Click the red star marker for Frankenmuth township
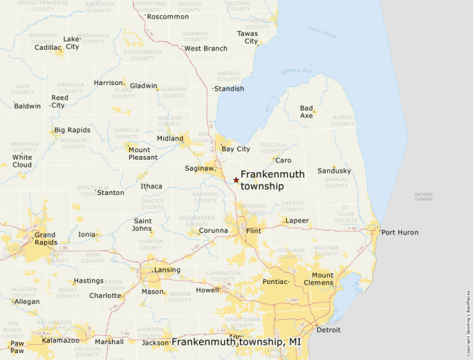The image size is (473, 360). pos(236,180)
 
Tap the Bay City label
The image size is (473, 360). pos(235,149)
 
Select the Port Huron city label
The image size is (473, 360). pos(400,233)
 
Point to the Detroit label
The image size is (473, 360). pos(328,330)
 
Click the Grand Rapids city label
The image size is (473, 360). pos(46,239)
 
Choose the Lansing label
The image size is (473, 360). pos(167,270)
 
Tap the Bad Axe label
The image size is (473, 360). pos(306,112)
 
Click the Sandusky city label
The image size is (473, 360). pos(334,171)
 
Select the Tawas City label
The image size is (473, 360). pos(248,37)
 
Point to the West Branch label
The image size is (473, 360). pos(206,49)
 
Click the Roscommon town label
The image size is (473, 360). pos(168,17)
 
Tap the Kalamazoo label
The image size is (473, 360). pos(61,341)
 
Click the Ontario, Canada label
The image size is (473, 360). pos(423,196)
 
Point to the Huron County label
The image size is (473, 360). pos(343,121)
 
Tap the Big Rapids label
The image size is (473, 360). pos(73,130)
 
